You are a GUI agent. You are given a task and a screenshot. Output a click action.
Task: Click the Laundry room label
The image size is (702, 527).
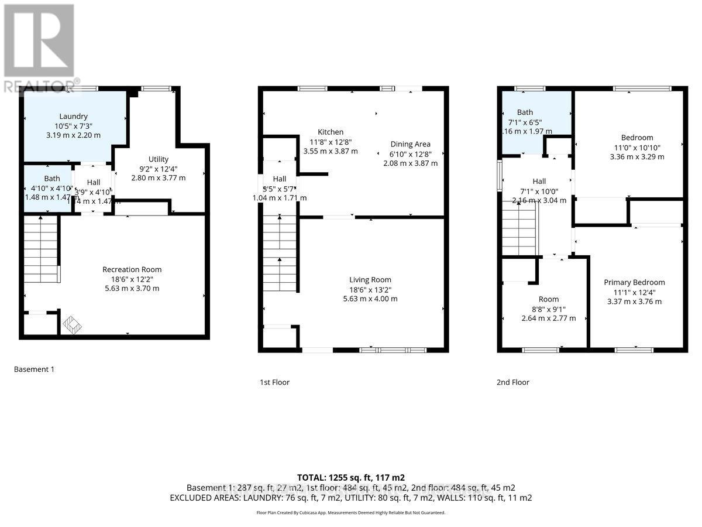click(73, 116)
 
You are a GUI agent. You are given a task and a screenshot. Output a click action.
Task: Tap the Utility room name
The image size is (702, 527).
click(159, 159)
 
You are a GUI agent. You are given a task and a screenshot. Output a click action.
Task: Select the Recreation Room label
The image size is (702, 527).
click(132, 269)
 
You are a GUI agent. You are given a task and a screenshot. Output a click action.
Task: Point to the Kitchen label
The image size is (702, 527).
click(331, 132)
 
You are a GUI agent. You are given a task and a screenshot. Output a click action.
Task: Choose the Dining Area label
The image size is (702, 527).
click(410, 144)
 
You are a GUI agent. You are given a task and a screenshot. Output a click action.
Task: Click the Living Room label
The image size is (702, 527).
click(370, 279)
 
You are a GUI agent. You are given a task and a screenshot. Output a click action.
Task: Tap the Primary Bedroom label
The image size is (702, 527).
click(634, 282)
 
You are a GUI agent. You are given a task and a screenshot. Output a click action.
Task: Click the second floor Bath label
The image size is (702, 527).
click(525, 112)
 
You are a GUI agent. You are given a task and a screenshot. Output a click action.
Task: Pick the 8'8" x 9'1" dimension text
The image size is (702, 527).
click(548, 309)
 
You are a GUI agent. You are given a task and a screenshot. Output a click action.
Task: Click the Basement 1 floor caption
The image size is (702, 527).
click(34, 369)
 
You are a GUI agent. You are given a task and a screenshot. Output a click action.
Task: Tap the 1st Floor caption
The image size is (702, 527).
click(274, 382)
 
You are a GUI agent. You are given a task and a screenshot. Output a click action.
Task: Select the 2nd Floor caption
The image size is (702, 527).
click(513, 382)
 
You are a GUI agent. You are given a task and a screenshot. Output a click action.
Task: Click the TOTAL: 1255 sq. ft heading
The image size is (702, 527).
click(350, 477)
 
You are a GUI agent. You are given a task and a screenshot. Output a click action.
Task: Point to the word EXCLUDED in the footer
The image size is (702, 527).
click(190, 498)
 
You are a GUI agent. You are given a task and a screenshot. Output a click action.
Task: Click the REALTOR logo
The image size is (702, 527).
click(40, 47)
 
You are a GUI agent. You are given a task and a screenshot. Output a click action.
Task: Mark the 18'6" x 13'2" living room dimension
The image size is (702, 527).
click(370, 289)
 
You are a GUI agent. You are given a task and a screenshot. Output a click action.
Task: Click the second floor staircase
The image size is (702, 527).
click(519, 228)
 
